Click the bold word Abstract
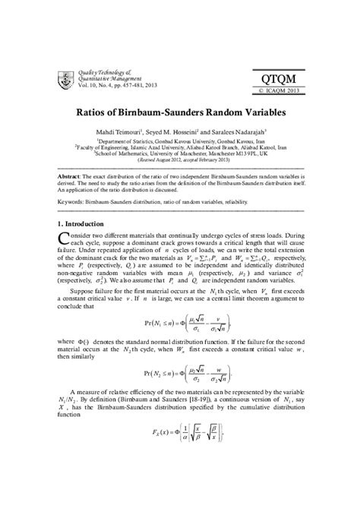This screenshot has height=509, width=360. coord(71,174)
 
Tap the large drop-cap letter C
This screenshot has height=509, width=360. coord(64,242)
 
